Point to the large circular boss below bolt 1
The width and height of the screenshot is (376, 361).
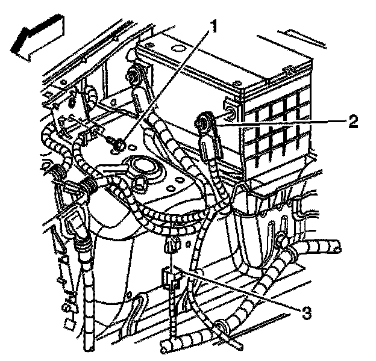(143, 167)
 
